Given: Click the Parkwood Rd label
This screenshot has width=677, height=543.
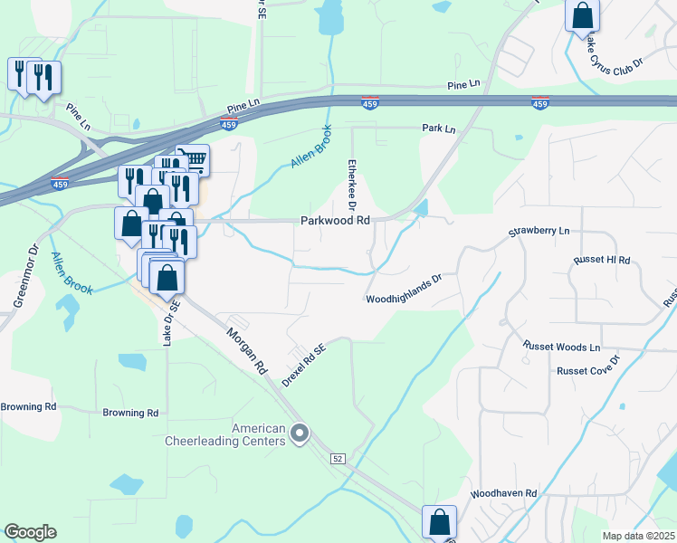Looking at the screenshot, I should tap(336, 220).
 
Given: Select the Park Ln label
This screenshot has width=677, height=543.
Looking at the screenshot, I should tap(438, 129).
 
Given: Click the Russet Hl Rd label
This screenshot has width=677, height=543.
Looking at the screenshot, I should tap(601, 260).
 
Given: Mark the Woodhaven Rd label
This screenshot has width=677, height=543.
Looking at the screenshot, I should tap(503, 494).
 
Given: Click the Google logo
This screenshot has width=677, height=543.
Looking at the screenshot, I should tap(30, 532).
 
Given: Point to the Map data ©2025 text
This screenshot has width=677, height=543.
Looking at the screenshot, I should tap(638, 536).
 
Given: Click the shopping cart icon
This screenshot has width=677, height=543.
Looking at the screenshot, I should tap(193, 159).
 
